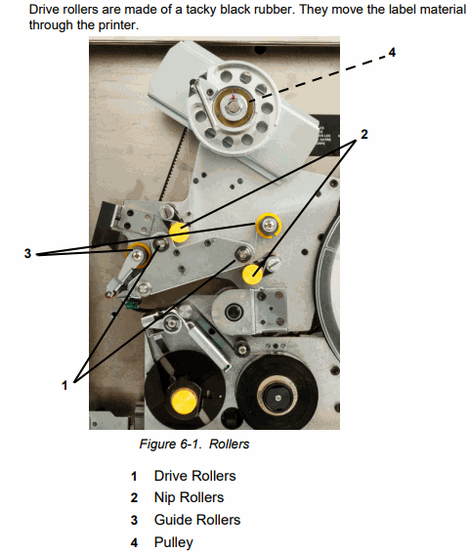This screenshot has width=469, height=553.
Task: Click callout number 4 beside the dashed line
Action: tap(392, 53)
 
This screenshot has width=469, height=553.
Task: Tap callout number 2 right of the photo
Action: tap(363, 135)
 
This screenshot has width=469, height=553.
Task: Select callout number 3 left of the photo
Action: tap(27, 253)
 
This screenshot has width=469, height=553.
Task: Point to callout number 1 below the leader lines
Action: tap(64, 385)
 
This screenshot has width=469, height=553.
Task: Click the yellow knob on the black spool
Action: tap(184, 402)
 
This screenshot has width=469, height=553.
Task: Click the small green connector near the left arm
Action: tap(131, 304)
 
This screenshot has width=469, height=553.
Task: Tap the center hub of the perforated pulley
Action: tap(234, 106)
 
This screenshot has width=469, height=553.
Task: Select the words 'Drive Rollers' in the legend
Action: tap(195, 476)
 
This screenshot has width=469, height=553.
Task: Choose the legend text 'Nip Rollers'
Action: tap(189, 497)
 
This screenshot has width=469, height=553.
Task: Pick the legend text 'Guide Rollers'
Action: tap(197, 520)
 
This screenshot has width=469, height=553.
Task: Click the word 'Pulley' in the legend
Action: tap(174, 542)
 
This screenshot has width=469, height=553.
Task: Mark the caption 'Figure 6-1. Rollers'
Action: tap(194, 444)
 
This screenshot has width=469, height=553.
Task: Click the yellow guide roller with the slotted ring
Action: tap(269, 225)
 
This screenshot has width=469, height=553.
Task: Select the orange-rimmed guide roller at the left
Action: tap(139, 255)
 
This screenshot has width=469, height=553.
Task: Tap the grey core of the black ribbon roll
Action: tap(277, 398)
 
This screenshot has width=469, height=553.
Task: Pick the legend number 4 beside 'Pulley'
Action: tap(134, 543)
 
